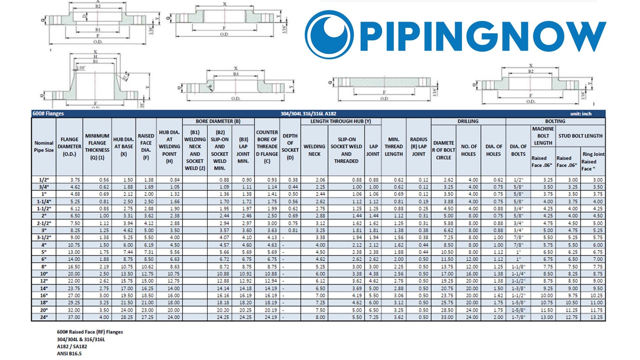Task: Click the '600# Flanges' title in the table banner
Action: (x=48, y=114)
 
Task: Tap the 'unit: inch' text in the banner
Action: (x=581, y=114)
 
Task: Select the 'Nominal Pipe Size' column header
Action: (x=44, y=147)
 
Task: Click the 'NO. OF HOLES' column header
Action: (x=469, y=150)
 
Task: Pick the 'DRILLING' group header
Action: (x=468, y=121)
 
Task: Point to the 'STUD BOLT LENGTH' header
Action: (x=580, y=136)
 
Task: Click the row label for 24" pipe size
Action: (x=44, y=317)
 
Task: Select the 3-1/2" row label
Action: (x=44, y=238)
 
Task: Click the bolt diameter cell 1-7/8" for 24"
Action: (x=518, y=317)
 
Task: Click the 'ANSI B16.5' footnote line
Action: (x=69, y=354)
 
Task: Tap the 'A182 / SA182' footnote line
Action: (x=72, y=347)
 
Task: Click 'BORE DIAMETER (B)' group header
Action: (x=218, y=121)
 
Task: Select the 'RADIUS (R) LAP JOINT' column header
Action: (x=419, y=147)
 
